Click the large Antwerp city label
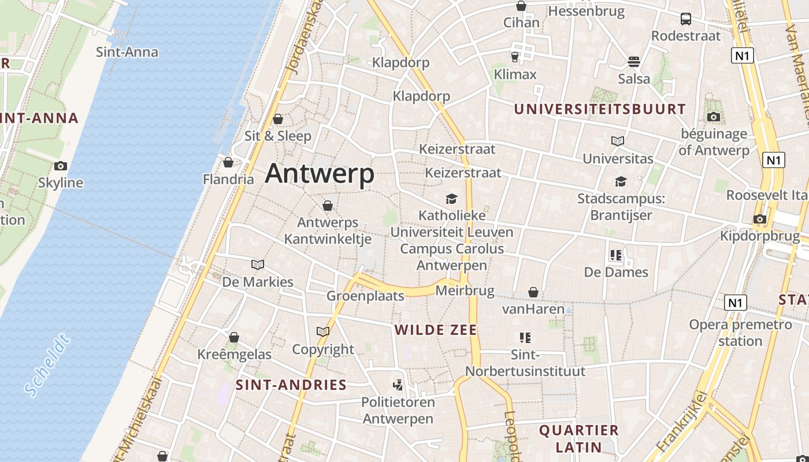[320, 173]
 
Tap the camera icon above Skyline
[61, 166]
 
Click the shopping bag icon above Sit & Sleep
[278, 119]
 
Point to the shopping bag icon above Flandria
[228, 162]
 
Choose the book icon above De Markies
[258, 265]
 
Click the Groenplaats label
[365, 296]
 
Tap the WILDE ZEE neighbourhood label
[436, 330]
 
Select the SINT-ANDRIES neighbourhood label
[291, 385]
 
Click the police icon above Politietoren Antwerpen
[398, 385]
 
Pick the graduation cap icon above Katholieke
[451, 199]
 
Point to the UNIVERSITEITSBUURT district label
[600, 109]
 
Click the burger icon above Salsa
[634, 62]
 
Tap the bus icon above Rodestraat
[686, 19]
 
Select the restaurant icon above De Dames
[616, 255]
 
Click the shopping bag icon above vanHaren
[533, 293]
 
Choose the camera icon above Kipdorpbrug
[760, 219]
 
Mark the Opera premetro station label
[740, 333]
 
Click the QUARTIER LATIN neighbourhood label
[579, 438]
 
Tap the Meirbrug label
[465, 291]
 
